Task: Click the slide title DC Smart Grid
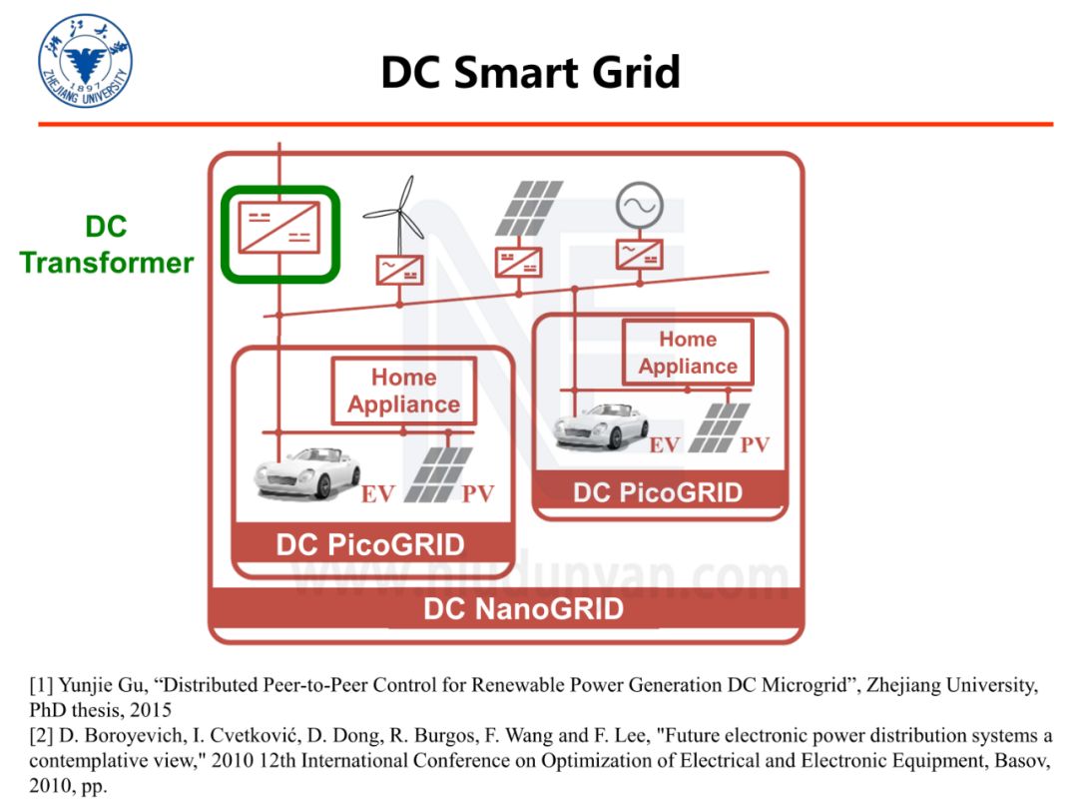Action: click(530, 72)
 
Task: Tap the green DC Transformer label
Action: click(106, 245)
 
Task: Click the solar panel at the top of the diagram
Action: click(529, 208)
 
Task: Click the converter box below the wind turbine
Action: click(399, 269)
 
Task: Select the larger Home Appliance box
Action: click(403, 391)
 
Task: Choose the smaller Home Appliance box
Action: click(688, 353)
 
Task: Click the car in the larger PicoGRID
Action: click(305, 471)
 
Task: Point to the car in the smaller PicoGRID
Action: click(601, 424)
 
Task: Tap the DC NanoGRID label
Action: click(523, 608)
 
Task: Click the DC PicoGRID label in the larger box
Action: click(370, 545)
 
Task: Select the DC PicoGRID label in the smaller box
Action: click(658, 492)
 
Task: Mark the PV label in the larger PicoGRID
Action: click(478, 494)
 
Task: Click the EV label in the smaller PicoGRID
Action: click(664, 445)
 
